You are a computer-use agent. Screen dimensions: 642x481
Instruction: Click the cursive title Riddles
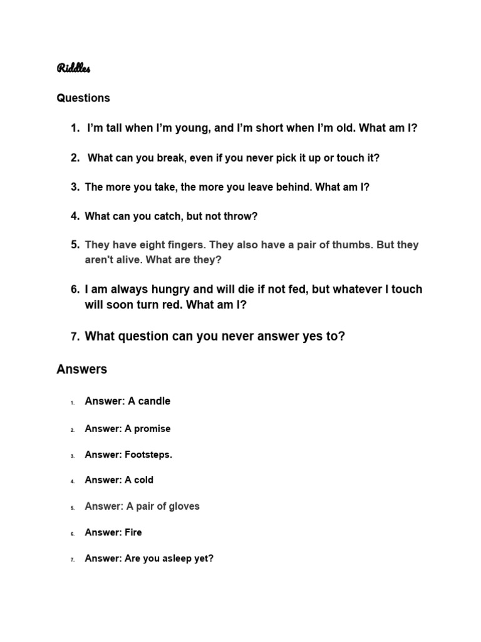point(73,68)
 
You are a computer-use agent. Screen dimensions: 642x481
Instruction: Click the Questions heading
point(83,98)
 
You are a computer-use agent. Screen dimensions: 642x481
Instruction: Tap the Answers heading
point(81,369)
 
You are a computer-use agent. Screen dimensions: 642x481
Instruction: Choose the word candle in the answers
point(154,401)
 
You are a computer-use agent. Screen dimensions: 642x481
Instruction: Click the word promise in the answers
point(153,429)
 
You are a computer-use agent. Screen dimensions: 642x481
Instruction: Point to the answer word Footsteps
point(148,455)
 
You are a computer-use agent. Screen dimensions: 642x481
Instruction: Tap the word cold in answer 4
point(143,480)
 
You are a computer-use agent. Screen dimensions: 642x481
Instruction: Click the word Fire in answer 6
point(133,532)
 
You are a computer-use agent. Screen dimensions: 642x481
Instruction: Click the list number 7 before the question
point(75,337)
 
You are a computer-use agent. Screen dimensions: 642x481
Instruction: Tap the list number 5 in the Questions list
point(75,245)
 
